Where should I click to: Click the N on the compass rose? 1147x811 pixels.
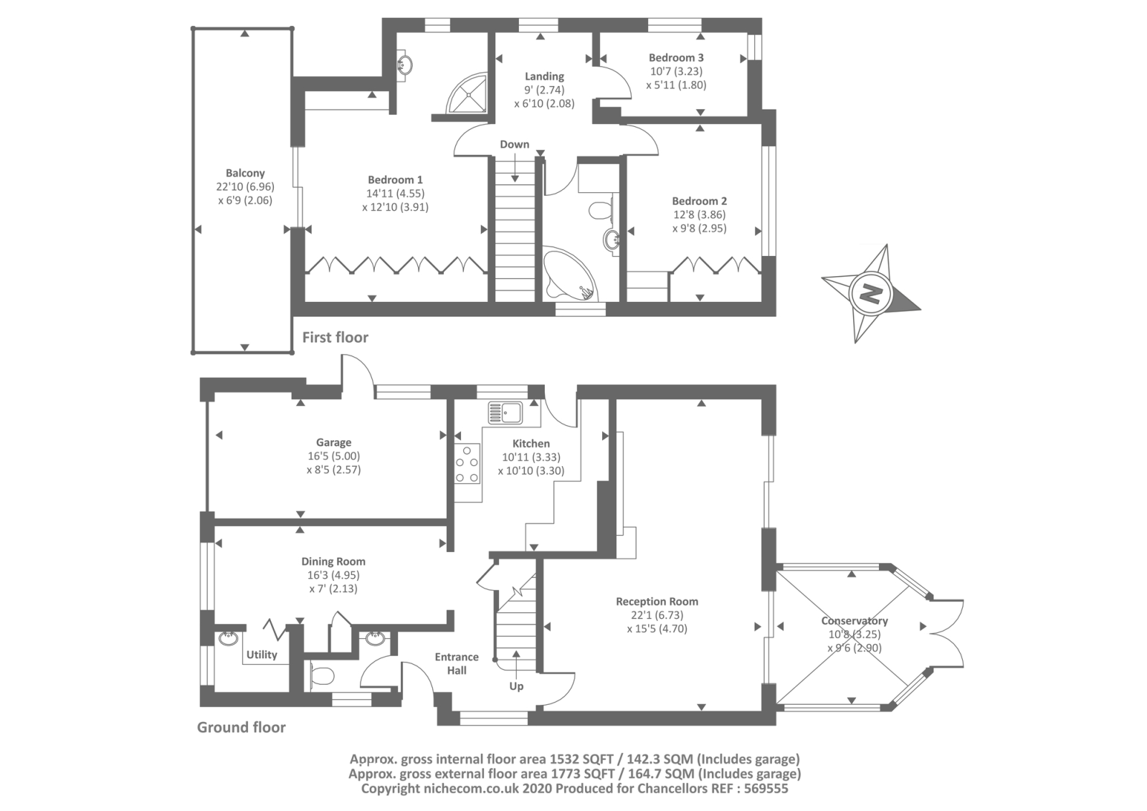[x=871, y=293]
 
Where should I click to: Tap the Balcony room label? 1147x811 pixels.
[x=245, y=173]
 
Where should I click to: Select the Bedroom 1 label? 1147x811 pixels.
[x=395, y=179]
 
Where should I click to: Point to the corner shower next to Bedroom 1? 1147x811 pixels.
[x=468, y=93]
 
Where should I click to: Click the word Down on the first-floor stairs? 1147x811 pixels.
[x=515, y=144]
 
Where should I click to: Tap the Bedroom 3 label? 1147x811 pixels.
[x=676, y=57]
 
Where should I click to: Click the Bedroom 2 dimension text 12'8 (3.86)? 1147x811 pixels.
[x=699, y=214]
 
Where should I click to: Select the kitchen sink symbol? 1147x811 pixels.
[x=505, y=413]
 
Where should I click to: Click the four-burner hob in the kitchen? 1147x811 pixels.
[x=467, y=465]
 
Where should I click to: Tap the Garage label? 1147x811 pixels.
[x=333, y=442]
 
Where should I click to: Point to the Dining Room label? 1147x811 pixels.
[x=333, y=561]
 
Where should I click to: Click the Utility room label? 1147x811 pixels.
[x=262, y=655]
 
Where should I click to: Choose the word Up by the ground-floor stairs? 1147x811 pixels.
[x=516, y=686]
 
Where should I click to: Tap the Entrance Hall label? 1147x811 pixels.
[x=457, y=663]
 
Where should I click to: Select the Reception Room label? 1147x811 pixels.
[x=657, y=602]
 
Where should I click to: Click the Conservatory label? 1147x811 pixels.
[x=855, y=621]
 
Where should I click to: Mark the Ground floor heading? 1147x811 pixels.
[x=242, y=727]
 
